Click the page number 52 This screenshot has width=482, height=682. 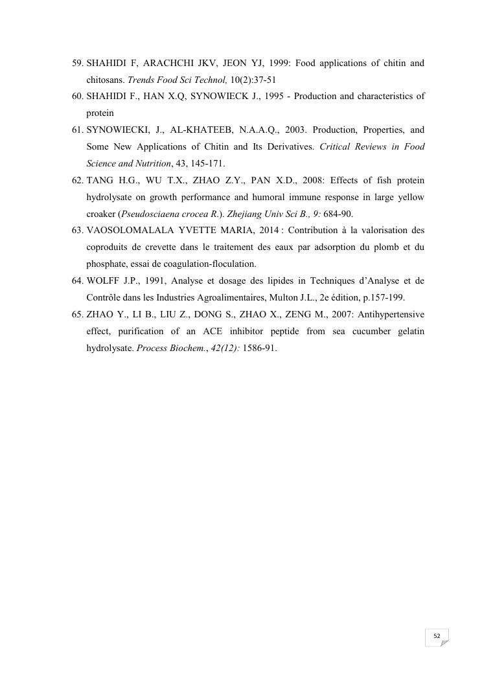pyautogui.click(x=437, y=637)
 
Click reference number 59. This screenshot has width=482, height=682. pyautogui.click(x=78, y=63)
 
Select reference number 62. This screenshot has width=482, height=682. pyautogui.click(x=78, y=180)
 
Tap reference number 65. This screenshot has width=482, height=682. pyautogui.click(x=78, y=314)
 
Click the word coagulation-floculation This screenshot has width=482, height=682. pyautogui.click(x=208, y=264)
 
